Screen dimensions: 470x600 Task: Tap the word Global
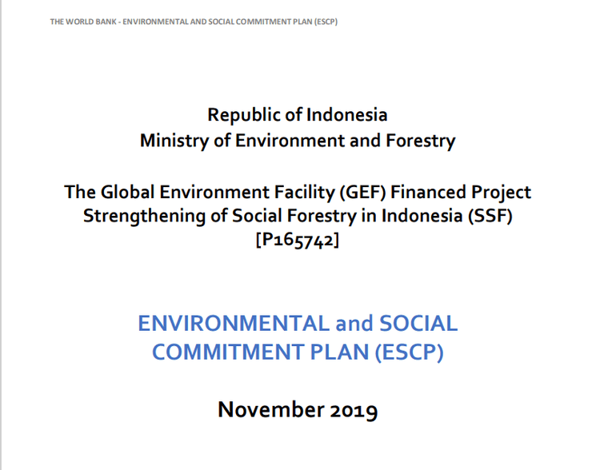(x=126, y=193)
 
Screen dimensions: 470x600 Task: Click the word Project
(x=502, y=193)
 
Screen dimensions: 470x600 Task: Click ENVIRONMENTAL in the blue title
(x=233, y=324)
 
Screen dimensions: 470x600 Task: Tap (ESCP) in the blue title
(x=408, y=352)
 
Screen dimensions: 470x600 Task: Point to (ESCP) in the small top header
(x=326, y=21)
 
